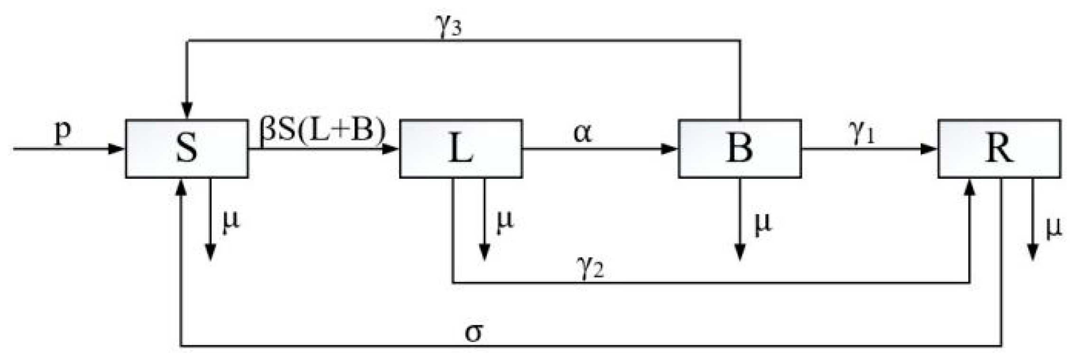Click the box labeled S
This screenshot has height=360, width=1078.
[186, 148]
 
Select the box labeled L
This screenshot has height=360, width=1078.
[461, 148]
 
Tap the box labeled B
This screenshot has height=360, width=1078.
[739, 148]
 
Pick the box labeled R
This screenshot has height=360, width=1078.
[999, 148]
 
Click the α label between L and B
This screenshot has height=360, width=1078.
[583, 133]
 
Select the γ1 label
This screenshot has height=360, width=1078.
[862, 135]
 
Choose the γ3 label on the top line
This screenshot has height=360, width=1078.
[448, 29]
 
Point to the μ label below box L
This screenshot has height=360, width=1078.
[504, 221]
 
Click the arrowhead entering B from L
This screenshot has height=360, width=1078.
[670, 149]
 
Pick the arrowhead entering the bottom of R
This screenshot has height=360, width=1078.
[970, 188]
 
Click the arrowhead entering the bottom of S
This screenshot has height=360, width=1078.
[180, 188]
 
